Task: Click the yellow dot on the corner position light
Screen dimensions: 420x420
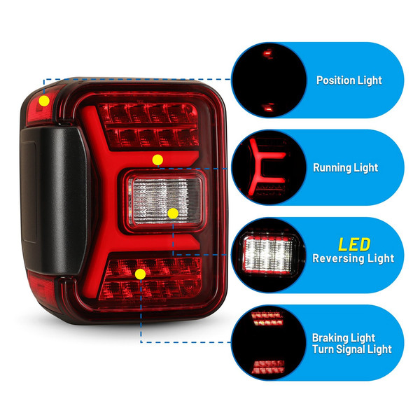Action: (x=44, y=101)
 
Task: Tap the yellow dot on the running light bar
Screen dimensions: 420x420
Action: (x=157, y=160)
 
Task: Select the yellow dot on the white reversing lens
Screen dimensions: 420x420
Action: (x=173, y=213)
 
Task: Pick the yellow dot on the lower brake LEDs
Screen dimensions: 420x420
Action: (x=141, y=274)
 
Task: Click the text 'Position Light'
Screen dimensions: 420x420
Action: (x=349, y=80)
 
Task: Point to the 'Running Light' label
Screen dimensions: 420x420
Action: (x=345, y=168)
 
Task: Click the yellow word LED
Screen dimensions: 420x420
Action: (x=354, y=244)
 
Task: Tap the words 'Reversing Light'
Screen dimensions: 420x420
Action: (x=353, y=258)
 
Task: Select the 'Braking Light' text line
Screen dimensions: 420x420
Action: (x=344, y=338)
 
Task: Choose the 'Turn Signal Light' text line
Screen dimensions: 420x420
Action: (x=351, y=349)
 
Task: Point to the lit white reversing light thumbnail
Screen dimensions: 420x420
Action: (x=269, y=254)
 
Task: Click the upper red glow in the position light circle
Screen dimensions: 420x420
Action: (x=268, y=54)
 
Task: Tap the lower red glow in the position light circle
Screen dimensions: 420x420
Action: (x=269, y=108)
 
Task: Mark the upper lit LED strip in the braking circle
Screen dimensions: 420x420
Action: (x=267, y=318)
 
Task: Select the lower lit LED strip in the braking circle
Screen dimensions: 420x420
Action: (x=268, y=367)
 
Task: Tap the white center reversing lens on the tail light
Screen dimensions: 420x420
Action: (x=164, y=201)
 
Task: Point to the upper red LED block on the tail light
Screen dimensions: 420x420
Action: (x=149, y=125)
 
